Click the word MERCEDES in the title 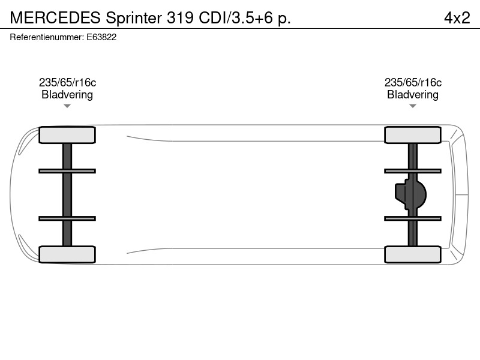click(x=55, y=18)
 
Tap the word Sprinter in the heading click(x=134, y=18)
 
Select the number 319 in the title click(x=180, y=18)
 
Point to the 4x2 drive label click(x=457, y=18)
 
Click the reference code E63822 click(x=101, y=37)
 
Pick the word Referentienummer click(x=47, y=37)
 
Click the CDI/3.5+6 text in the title click(x=236, y=18)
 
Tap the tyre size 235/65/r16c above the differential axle click(x=413, y=82)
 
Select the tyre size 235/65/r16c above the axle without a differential click(x=67, y=82)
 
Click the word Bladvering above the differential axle click(x=413, y=95)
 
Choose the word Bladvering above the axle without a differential click(x=67, y=95)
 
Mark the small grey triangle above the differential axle click(x=413, y=106)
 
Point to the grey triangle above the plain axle click(x=67, y=106)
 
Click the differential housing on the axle click(x=411, y=194)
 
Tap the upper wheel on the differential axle click(x=413, y=135)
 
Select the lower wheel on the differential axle click(x=413, y=254)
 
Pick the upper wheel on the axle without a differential click(x=67, y=135)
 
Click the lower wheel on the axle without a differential click(x=67, y=254)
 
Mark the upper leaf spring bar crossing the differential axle click(x=413, y=171)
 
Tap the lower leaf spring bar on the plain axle click(x=67, y=218)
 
